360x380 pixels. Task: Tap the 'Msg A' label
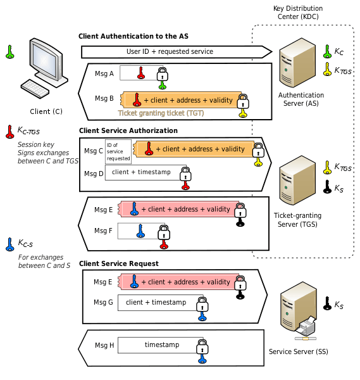pos(104,74)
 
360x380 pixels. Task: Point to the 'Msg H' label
pos(104,345)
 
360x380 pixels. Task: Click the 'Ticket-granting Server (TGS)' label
pos(298,220)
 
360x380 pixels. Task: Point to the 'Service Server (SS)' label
pos(298,351)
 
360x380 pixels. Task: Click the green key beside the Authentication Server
pos(326,51)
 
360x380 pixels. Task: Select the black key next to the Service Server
pos(326,305)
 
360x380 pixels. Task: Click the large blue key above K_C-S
pos(9,243)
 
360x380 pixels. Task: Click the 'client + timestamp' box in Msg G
pos(156,303)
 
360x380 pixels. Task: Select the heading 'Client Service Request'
pos(118,263)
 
